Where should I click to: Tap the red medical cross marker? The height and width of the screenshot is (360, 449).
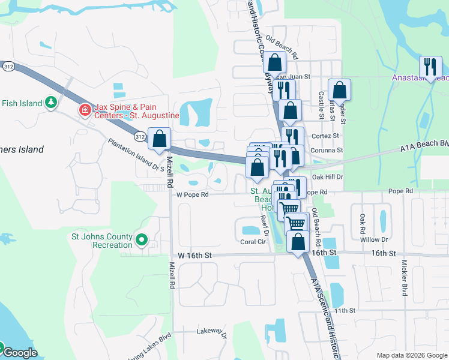point(85,110)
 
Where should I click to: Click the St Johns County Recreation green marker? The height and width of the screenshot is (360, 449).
point(142,240)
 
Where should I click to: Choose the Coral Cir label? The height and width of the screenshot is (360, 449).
point(253,242)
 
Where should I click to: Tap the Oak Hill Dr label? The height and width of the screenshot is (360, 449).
point(327,177)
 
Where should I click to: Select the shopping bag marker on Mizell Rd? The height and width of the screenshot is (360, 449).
point(160,139)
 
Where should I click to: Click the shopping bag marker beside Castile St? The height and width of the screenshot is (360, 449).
point(339,90)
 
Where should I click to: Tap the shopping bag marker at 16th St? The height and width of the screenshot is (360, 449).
point(298,242)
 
